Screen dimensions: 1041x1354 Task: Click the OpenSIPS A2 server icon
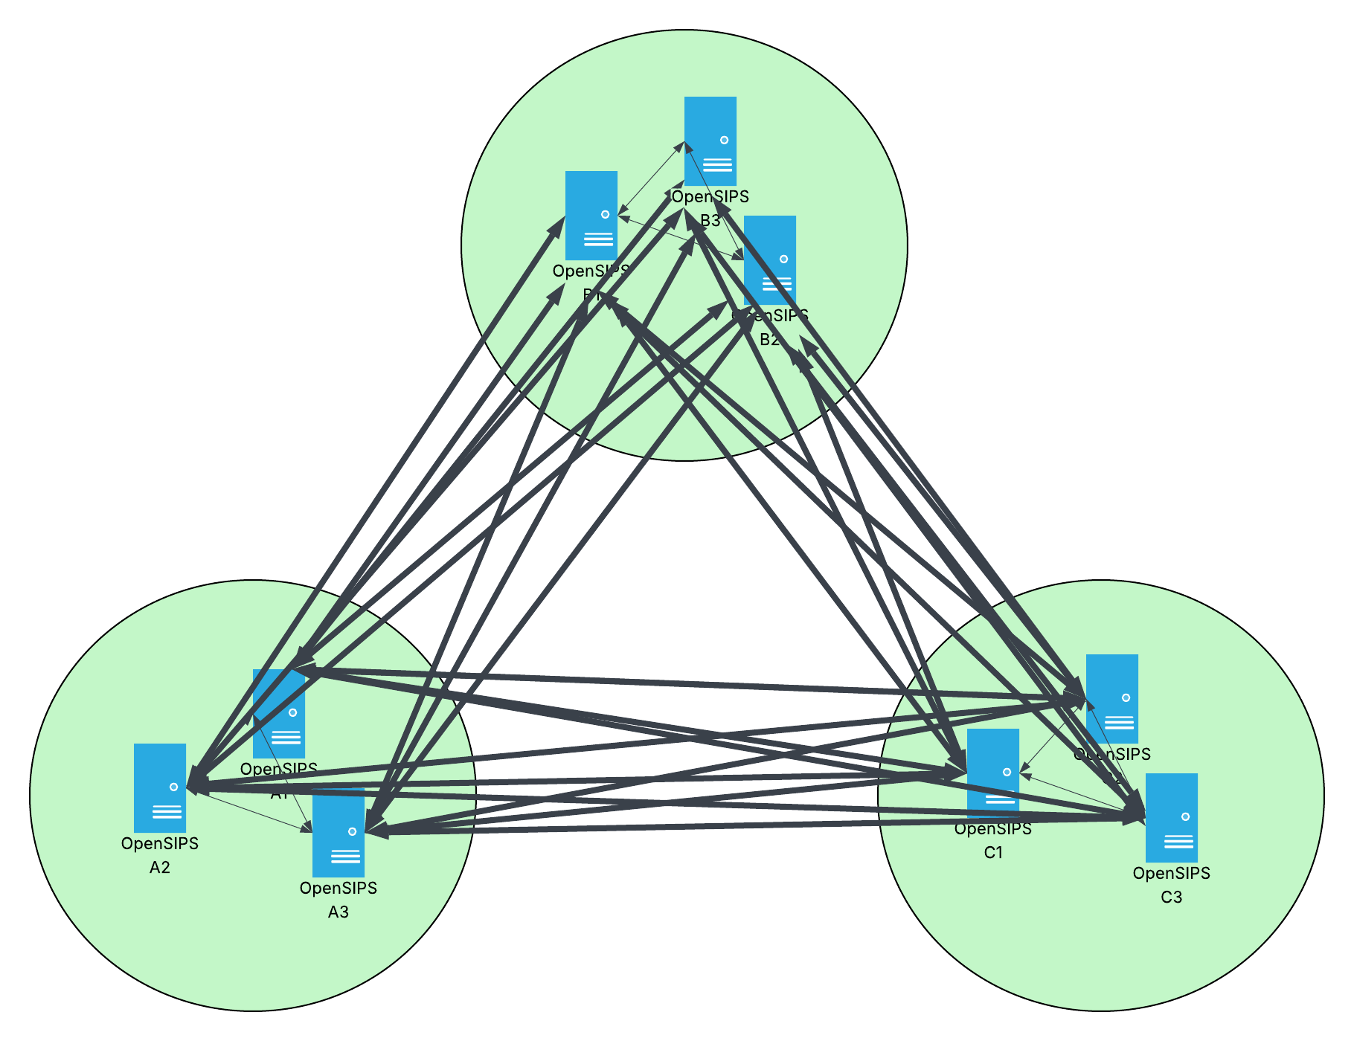[160, 788]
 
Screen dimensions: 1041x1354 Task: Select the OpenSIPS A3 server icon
[338, 833]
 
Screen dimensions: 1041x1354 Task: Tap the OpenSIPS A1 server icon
[279, 714]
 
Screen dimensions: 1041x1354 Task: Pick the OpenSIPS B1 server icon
[591, 216]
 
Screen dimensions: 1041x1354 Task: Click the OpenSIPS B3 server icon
[710, 141]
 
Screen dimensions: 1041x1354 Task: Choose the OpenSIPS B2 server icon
[770, 260]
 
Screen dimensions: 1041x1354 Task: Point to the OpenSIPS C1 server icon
[993, 773]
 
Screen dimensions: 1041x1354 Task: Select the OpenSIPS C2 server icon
[1112, 699]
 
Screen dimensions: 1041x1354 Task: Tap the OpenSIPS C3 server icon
[1172, 818]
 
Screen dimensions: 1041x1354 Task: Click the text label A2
[160, 868]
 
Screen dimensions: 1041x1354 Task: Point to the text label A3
[338, 912]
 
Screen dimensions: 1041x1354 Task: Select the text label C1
[993, 853]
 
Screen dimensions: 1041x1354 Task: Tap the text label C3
[1172, 897]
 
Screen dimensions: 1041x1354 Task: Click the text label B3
[710, 221]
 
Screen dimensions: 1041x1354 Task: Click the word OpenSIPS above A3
[338, 888]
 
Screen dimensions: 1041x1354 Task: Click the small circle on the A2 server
[174, 787]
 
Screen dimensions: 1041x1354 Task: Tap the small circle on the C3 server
[1186, 816]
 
